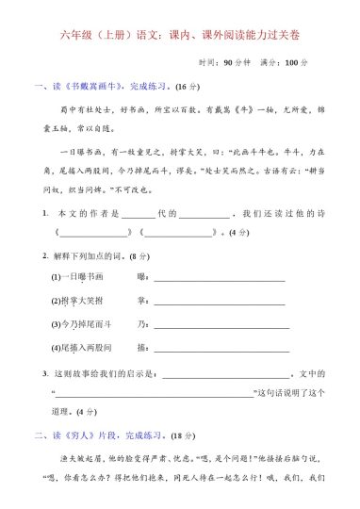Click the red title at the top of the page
coord(180,36)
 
